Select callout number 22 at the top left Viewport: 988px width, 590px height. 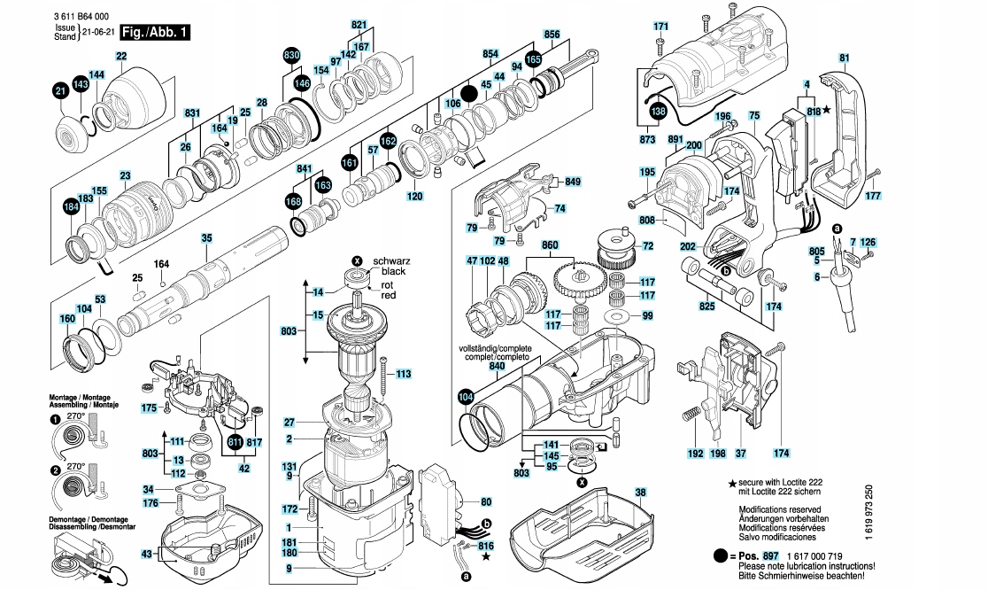click(x=121, y=57)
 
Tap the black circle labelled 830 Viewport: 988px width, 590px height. click(x=291, y=56)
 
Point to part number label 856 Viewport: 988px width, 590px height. click(x=552, y=35)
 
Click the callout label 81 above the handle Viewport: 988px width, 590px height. click(x=844, y=58)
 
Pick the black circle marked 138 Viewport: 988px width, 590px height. click(x=657, y=112)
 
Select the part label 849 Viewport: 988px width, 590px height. click(x=573, y=182)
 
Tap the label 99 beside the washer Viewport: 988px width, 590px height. click(x=647, y=315)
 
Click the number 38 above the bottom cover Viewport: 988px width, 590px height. click(x=640, y=493)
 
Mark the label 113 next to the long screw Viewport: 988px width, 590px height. click(x=403, y=375)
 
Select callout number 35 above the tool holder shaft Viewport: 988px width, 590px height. click(x=206, y=238)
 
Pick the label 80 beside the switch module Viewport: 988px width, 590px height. click(x=485, y=501)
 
